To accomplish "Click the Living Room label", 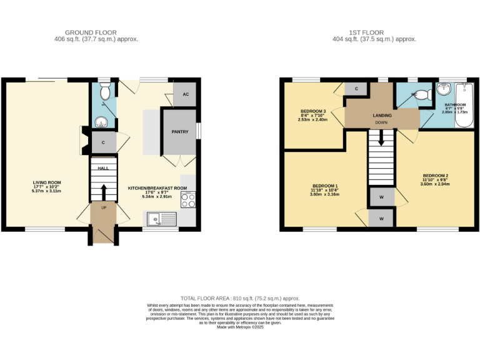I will click(46, 182).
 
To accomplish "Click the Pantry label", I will click(180, 132).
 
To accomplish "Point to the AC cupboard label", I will click(186, 94).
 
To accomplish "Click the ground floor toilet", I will click(105, 92).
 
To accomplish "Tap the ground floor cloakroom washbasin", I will click(100, 121).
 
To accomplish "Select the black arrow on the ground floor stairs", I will click(104, 191).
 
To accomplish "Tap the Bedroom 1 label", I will click(324, 186).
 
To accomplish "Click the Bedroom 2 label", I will click(435, 175).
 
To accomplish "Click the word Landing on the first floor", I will click(382, 116).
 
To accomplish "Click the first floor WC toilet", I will click(424, 95).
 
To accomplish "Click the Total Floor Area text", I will click(240, 299).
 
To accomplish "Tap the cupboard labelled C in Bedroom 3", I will click(356, 89).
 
